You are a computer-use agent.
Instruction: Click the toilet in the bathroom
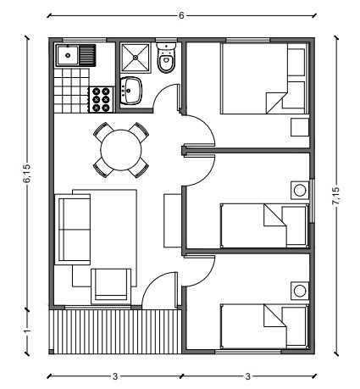[166, 58]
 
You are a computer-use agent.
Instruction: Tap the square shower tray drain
[136, 58]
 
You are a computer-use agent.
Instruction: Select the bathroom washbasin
[130, 91]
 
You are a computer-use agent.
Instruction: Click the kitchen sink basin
[68, 55]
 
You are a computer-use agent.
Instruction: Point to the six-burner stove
[102, 99]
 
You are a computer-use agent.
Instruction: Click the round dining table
[121, 150]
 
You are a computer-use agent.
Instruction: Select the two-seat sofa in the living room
[73, 229]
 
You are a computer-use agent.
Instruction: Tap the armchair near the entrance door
[111, 286]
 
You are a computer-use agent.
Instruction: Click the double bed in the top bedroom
[263, 79]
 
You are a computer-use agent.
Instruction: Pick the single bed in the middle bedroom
[264, 225]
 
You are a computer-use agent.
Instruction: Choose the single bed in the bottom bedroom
[264, 326]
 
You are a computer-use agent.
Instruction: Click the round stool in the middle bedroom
[300, 190]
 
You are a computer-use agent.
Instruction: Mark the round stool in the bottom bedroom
[300, 291]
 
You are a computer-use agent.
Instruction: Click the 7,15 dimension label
[336, 196]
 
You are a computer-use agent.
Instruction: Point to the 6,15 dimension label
[28, 173]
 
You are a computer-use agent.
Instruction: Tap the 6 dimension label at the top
[181, 15]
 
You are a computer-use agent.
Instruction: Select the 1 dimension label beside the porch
[27, 331]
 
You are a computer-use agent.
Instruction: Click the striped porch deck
[117, 331]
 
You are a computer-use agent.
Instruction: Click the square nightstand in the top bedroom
[300, 127]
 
